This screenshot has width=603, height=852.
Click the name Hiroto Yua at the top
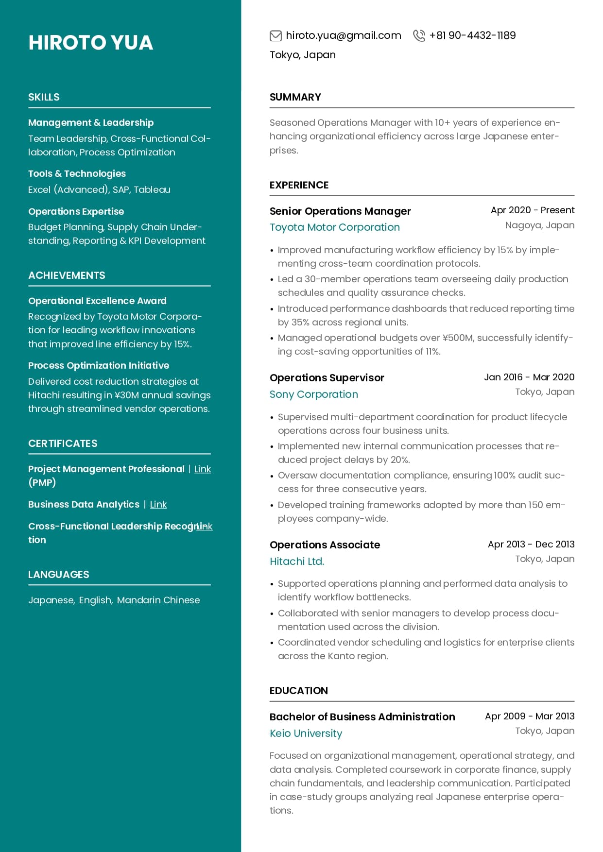pos(90,43)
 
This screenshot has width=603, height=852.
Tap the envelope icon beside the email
pos(276,35)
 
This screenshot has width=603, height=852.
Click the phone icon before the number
pos(418,35)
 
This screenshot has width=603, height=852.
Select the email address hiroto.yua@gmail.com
pos(343,35)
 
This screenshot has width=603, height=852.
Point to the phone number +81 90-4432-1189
pos(472,35)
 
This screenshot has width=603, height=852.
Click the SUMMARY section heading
pos(295,97)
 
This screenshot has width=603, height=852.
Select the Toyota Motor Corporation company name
pos(334,227)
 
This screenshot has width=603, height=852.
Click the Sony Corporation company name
pos(313,394)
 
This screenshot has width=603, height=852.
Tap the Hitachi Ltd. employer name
pos(296,562)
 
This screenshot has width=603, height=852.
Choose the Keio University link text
pos(306,733)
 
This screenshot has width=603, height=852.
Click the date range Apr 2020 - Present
pos(532,210)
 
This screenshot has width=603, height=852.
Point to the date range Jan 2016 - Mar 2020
pos(529,377)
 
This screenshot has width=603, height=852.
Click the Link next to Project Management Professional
pos(202,469)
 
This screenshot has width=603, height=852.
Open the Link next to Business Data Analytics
pos(158,505)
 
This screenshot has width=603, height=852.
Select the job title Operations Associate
pos(325,545)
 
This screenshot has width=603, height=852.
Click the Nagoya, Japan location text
pos(539,225)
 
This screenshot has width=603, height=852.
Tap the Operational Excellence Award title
pos(97,301)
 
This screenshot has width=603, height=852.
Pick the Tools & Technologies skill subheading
pos(77,174)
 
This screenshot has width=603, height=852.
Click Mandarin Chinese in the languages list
pos(158,600)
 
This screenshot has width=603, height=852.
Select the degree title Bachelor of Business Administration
pos(362,717)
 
